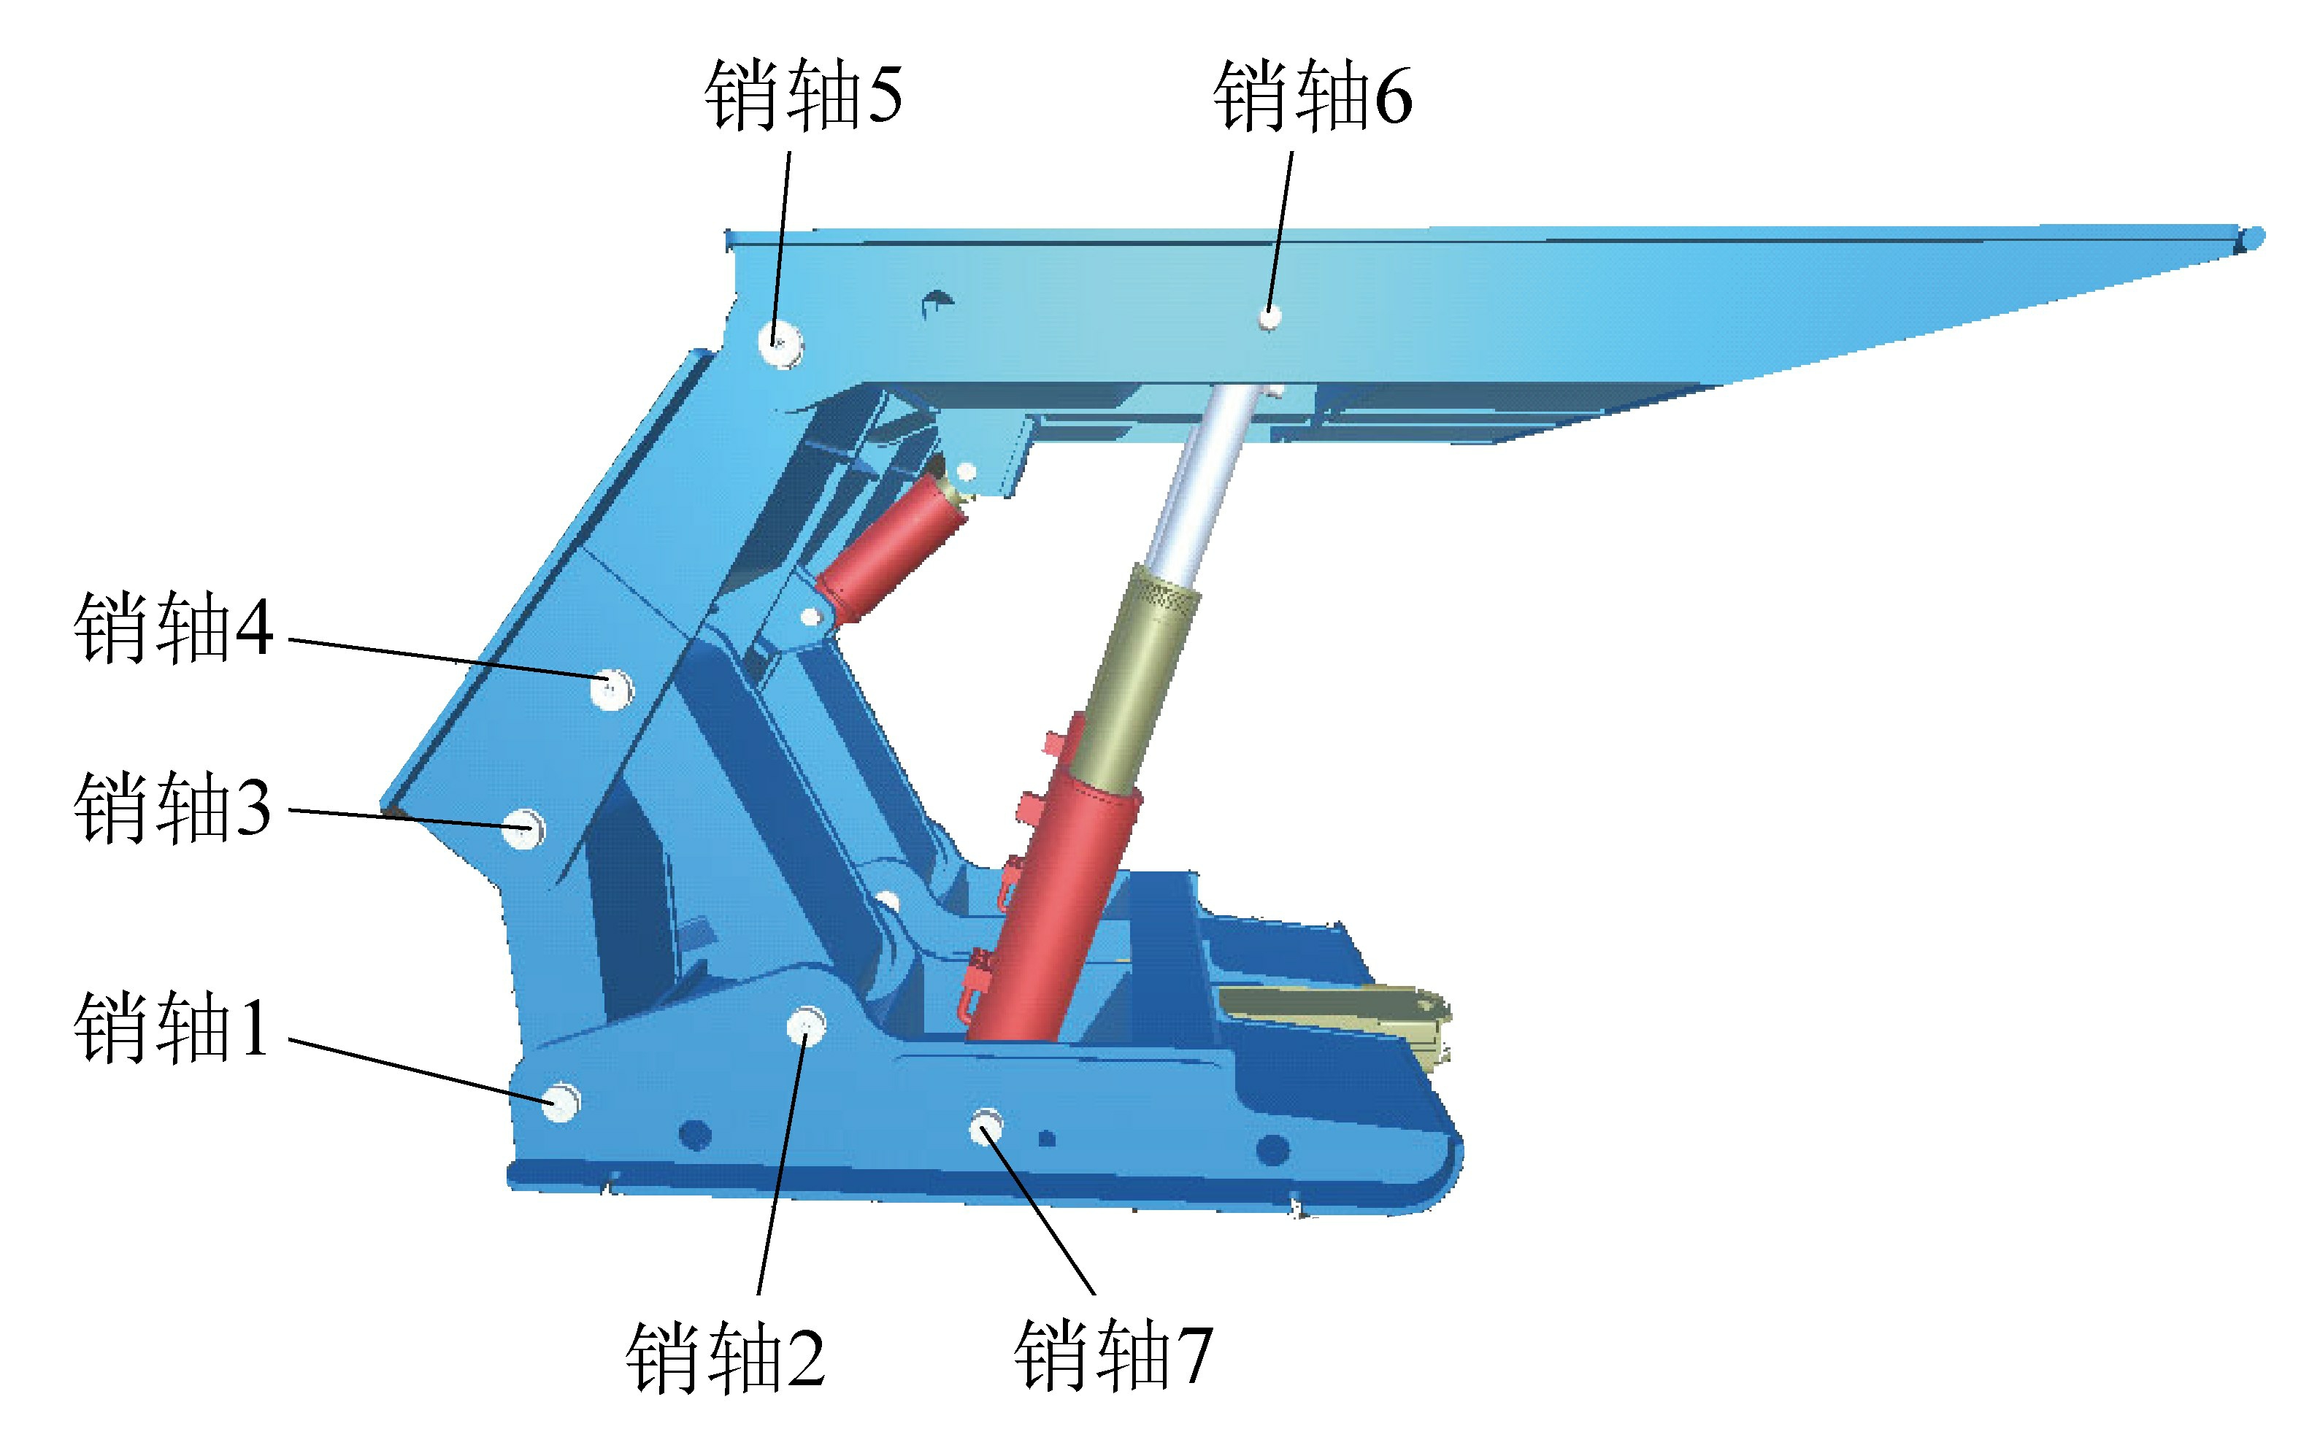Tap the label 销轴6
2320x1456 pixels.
[x=1312, y=94]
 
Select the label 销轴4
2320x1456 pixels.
[x=173, y=628]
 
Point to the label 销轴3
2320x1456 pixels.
[x=173, y=808]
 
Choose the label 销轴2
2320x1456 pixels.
[x=725, y=1357]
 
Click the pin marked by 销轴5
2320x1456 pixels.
[x=780, y=342]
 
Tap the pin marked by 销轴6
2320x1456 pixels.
[x=1270, y=316]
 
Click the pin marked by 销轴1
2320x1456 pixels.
[x=558, y=1101]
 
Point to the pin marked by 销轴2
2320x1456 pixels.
[x=805, y=1025]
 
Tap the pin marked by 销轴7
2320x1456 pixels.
[x=986, y=1127]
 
